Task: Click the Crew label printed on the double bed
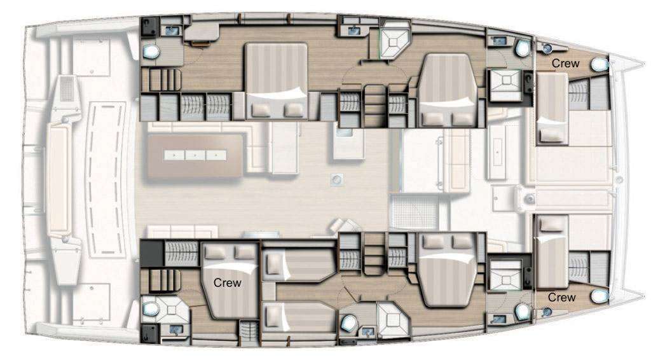point(227,283)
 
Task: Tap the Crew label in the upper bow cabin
point(565,64)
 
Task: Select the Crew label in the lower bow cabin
point(561,297)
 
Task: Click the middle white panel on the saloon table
point(195,155)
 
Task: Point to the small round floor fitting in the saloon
point(337,179)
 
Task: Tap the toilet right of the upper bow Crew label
point(600,64)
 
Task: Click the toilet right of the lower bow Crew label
point(600,296)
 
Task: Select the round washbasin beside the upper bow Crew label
point(547,48)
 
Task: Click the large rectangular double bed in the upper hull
point(277,81)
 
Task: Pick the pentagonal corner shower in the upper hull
point(395,40)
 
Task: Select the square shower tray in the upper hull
point(505,85)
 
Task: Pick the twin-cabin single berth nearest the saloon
point(299,264)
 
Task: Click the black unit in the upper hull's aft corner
point(149,27)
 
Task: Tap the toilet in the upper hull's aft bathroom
point(151,52)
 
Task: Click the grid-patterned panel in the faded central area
point(414,212)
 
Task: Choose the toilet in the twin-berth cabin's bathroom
point(350,322)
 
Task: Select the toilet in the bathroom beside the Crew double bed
point(151,308)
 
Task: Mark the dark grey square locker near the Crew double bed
point(152,254)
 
